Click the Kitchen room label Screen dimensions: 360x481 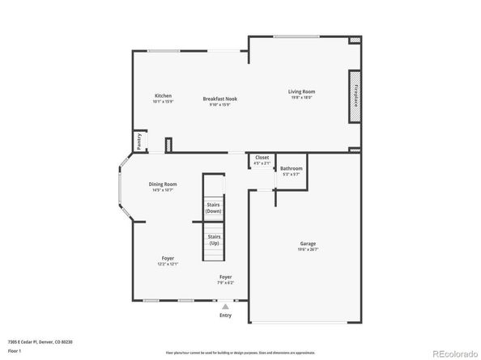(x=163, y=95)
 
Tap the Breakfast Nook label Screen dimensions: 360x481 (x=219, y=99)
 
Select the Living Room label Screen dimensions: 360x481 (x=301, y=91)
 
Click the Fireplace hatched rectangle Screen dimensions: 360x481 (x=354, y=96)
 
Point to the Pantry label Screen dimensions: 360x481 (x=139, y=141)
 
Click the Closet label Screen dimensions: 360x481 (x=262, y=157)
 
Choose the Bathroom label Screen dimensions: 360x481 (x=291, y=168)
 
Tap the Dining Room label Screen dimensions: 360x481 (x=162, y=184)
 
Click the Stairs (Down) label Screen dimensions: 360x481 (x=213, y=208)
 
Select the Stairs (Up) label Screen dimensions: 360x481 (x=213, y=239)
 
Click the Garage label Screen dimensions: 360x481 (x=308, y=243)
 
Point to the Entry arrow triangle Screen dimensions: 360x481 (x=225, y=306)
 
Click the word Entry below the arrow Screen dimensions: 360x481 (x=225, y=315)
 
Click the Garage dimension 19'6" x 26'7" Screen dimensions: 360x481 (x=308, y=250)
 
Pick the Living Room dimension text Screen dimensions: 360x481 (x=301, y=99)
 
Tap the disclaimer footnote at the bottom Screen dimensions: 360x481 (x=240, y=354)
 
